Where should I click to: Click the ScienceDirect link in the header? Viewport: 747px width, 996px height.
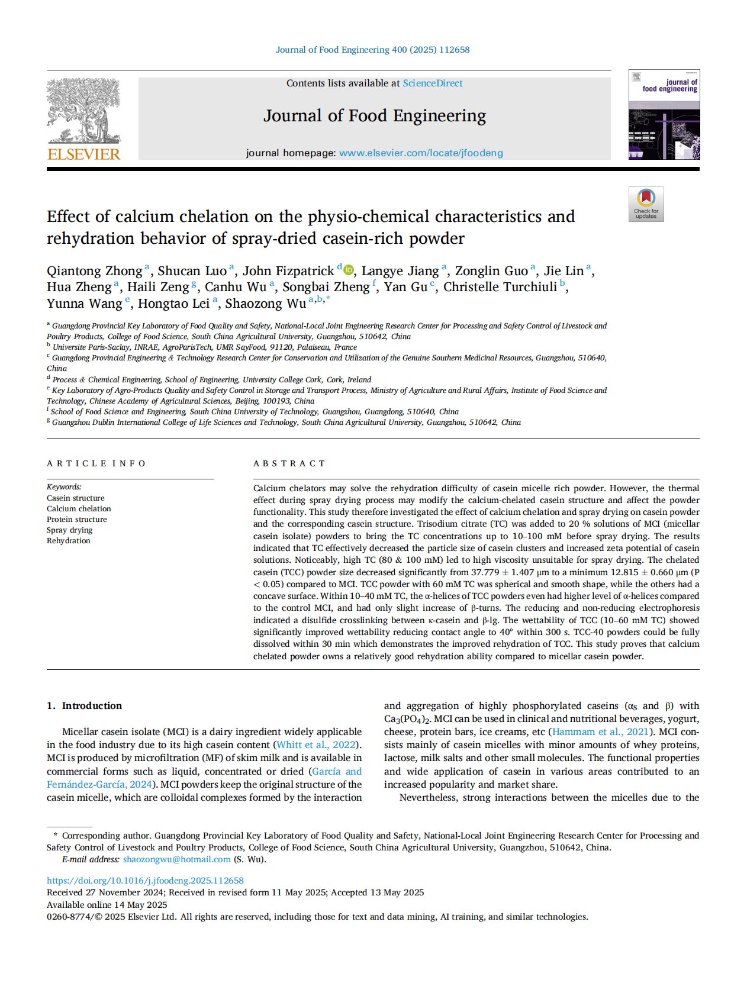433,83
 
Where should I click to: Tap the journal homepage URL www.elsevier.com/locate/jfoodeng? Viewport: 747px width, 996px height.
421,153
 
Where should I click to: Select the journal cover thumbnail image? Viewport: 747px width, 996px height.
664,115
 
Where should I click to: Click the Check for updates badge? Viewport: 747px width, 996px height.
646,204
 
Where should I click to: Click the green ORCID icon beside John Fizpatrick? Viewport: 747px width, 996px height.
349,270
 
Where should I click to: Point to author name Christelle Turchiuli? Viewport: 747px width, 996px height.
500,287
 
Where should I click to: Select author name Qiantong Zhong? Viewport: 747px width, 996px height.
95,271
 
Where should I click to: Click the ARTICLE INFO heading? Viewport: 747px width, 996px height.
96,463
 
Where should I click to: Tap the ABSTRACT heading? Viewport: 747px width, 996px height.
289,463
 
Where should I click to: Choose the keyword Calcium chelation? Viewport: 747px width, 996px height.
79,508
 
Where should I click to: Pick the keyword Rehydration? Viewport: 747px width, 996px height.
69,540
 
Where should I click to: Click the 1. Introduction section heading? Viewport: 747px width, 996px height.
85,705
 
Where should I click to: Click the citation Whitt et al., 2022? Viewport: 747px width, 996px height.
317,744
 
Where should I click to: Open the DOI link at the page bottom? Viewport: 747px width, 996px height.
145,881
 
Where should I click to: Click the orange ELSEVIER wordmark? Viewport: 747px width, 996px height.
83,154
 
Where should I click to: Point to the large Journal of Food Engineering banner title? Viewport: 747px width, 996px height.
374,116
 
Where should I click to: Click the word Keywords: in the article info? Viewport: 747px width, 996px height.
64,487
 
